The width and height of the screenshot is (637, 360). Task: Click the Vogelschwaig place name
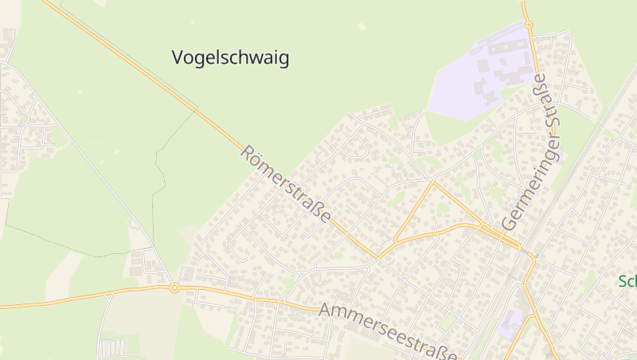[x=230, y=57]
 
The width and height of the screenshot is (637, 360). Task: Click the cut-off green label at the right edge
[x=627, y=281]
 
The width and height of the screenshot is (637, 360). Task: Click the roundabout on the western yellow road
[x=174, y=288]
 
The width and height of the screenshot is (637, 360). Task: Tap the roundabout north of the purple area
[x=528, y=25]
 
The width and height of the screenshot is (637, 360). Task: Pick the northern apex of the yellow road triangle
[x=432, y=182]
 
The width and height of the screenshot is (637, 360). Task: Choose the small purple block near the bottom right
[x=510, y=323]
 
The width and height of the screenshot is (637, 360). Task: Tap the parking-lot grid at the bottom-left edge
[x=112, y=348]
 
